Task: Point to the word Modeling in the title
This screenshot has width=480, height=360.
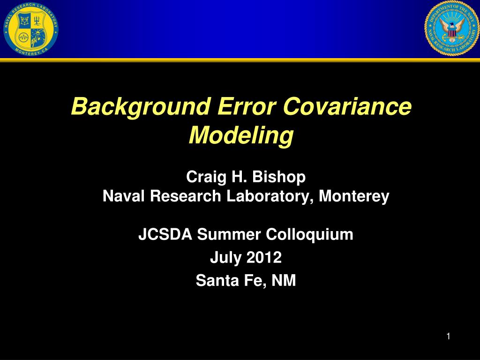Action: [x=240, y=136]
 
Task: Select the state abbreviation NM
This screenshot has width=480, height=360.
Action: [x=284, y=281]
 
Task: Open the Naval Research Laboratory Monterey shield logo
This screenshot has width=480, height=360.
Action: [x=30, y=29]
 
